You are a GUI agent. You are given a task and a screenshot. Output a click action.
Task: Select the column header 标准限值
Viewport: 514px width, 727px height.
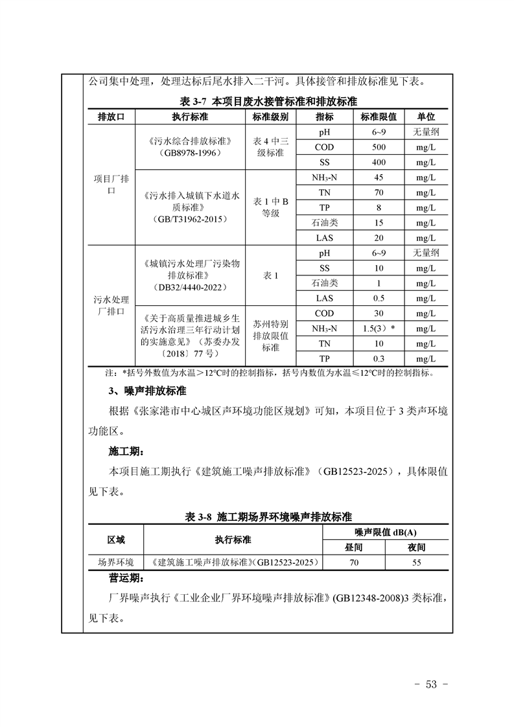point(379,117)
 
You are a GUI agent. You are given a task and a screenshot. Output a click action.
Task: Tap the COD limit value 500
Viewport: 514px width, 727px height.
point(379,147)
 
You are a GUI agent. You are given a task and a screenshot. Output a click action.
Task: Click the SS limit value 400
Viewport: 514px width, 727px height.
point(379,163)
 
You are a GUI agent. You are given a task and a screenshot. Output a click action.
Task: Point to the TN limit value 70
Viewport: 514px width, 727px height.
point(379,192)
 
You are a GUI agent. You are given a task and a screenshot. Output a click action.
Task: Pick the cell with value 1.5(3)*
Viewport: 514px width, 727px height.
point(379,329)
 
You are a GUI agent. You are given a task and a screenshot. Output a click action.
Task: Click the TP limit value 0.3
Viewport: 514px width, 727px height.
point(379,359)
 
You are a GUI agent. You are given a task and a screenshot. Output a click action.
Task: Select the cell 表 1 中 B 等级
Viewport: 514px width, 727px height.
point(270,207)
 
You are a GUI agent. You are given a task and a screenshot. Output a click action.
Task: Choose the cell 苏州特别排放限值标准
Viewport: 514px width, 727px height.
point(270,336)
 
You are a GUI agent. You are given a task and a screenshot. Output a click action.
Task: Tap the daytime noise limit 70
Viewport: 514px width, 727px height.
point(354,562)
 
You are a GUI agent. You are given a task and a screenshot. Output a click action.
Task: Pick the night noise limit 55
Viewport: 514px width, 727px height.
point(417,562)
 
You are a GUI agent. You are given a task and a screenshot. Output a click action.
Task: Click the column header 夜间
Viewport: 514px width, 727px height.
point(417,547)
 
